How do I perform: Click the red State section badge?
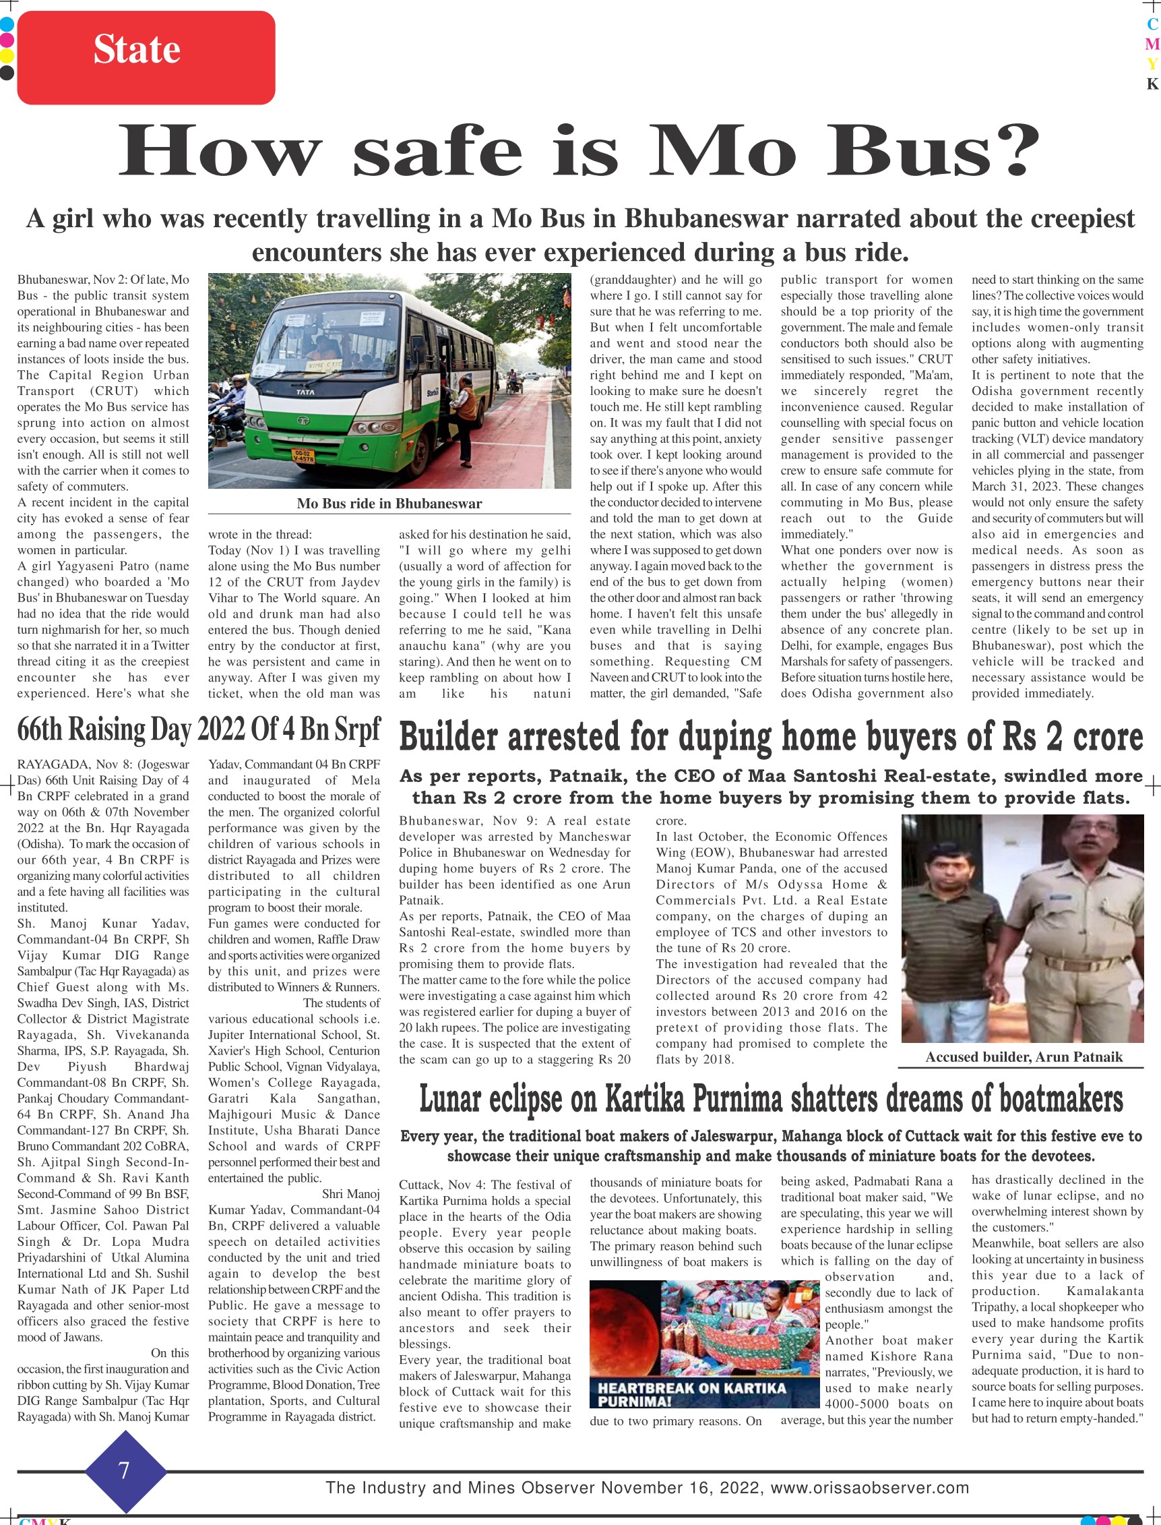coord(146,57)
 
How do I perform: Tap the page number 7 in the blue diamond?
coord(125,1470)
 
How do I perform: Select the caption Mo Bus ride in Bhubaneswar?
coord(389,503)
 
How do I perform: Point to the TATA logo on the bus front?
coord(305,391)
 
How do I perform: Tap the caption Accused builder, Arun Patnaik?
coord(1024,1057)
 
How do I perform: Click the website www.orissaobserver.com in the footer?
coord(869,1488)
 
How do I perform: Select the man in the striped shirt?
coord(954,933)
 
